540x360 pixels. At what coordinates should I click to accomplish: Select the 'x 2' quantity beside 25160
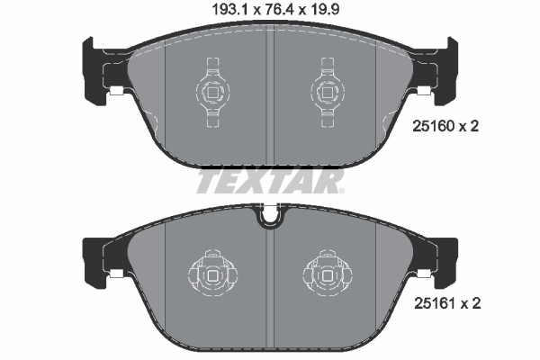click(468, 127)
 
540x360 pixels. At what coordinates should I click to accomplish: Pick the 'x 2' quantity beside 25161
click(468, 303)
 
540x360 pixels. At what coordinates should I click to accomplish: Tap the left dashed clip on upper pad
click(213, 90)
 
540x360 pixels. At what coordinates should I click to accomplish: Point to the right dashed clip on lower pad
click(326, 271)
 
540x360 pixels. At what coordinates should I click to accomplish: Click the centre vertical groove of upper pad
click(270, 99)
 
